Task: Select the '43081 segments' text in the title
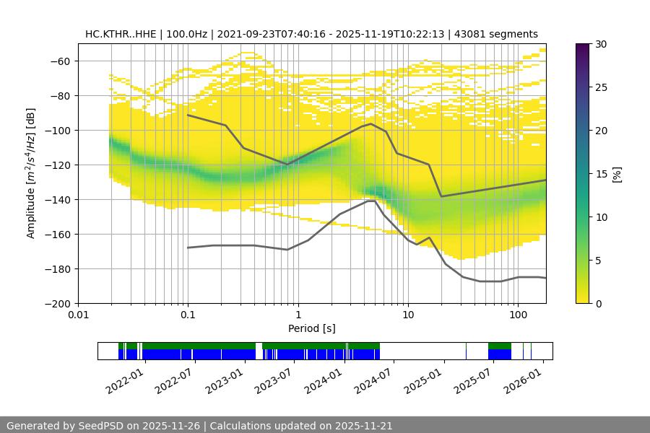tap(496, 34)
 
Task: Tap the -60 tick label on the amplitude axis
tap(58, 61)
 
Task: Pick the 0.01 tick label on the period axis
tap(78, 315)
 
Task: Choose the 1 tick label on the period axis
tap(298, 315)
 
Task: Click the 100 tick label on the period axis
tap(517, 315)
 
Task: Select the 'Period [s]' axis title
tap(311, 328)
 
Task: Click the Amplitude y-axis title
tap(31, 173)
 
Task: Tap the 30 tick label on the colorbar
tap(601, 44)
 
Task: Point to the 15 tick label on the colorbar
tap(601, 174)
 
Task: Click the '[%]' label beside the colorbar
tap(616, 174)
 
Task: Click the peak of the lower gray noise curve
tap(371, 201)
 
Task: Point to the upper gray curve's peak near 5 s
tap(371, 123)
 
